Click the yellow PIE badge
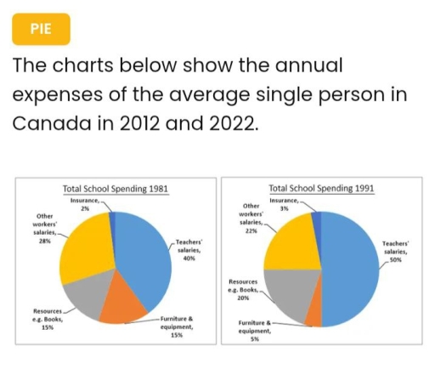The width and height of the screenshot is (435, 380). coord(41,29)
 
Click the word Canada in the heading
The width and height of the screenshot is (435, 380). coord(52,123)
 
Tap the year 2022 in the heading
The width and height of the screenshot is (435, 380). coord(234,123)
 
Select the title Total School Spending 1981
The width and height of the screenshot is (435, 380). coord(116,189)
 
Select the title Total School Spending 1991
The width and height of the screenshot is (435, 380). coord(321,188)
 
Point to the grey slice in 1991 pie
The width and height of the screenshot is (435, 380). coord(291,292)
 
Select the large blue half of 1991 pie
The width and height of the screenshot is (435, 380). coord(351,269)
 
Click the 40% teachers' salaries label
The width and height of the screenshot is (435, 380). coord(189,250)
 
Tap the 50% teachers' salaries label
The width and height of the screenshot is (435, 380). coord(396,252)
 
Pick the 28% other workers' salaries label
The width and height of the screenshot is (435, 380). coord(45,229)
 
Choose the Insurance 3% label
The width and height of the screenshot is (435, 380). coord(284,204)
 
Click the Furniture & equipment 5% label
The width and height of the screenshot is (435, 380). coord(255,331)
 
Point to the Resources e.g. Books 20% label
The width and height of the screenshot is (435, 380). coord(243,290)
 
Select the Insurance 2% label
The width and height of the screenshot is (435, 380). coord(85,204)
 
